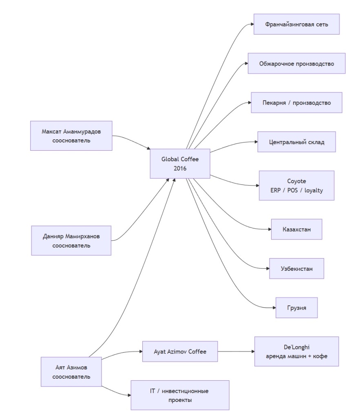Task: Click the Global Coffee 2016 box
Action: [x=180, y=164]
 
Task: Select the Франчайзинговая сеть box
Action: [x=296, y=24]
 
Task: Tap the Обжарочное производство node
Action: [x=297, y=63]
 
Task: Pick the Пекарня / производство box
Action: [x=296, y=103]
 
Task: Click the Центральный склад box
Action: [x=296, y=142]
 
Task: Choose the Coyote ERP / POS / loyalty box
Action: [x=296, y=185]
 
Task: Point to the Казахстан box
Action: [x=296, y=229]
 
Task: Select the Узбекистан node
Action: [x=296, y=268]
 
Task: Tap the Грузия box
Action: [x=296, y=308]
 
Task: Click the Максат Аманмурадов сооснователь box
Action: [x=71, y=136]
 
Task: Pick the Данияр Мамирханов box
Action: [x=71, y=241]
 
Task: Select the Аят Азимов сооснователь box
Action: [x=71, y=372]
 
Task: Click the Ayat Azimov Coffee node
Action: [x=180, y=351]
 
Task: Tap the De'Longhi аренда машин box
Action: [x=296, y=351]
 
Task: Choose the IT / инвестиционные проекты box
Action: [x=180, y=395]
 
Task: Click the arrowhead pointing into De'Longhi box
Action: [x=253, y=351]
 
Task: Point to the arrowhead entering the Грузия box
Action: [x=274, y=308]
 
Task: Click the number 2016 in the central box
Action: [x=180, y=168]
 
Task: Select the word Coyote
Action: [x=296, y=181]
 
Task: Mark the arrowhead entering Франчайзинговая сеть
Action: [x=252, y=24]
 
